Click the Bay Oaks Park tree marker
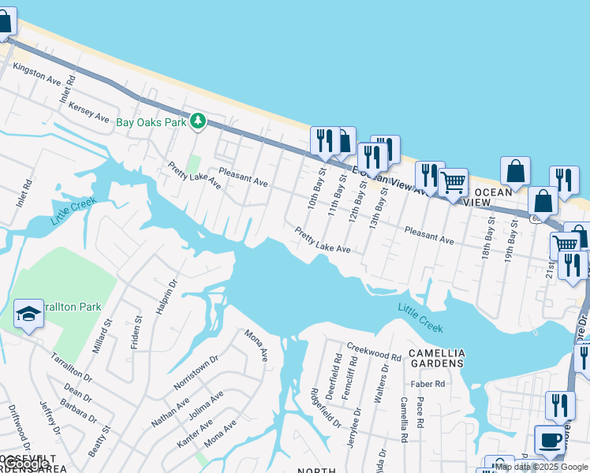tap(198, 121)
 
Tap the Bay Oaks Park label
tap(151, 122)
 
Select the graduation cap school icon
tap(28, 313)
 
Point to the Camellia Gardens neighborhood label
tap(436, 358)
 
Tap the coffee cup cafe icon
tap(549, 440)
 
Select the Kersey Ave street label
tap(88, 111)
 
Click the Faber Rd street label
tap(428, 384)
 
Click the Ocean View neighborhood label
tap(488, 196)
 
